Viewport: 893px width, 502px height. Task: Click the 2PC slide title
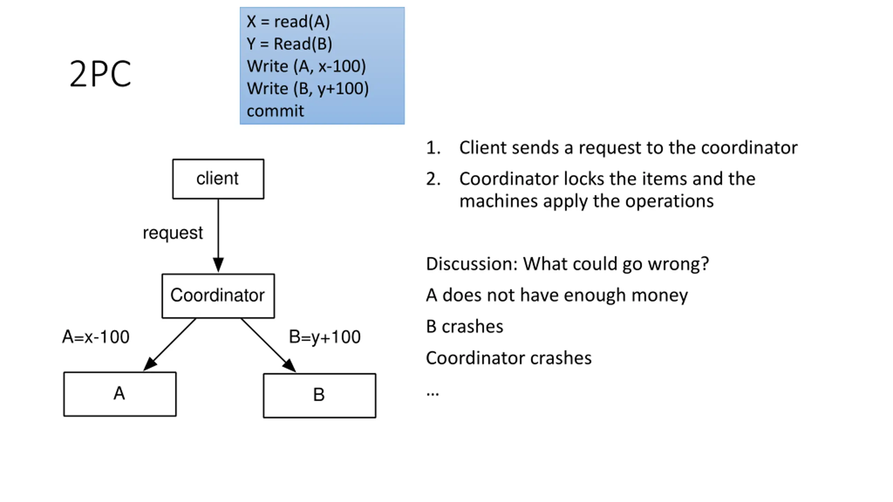pos(100,74)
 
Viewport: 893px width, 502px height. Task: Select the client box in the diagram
pos(218,179)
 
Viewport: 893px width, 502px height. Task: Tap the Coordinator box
pos(218,296)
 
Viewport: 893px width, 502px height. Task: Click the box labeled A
pos(120,394)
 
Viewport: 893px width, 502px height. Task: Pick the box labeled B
pos(320,395)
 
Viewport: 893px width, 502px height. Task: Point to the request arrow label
pos(173,233)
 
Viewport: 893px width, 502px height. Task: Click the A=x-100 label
pos(96,337)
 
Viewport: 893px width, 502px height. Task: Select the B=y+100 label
pos(324,337)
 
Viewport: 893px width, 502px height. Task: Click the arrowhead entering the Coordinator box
pos(218,265)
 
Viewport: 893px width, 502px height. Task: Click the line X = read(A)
pos(288,22)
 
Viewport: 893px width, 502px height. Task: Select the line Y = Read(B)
pos(289,44)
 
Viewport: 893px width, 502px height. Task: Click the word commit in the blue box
pos(275,111)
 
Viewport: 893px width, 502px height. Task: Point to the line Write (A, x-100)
pos(306,66)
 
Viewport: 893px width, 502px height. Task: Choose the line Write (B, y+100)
pos(308,89)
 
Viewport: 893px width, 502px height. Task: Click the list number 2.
pos(433,179)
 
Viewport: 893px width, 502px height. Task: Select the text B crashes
pos(464,327)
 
